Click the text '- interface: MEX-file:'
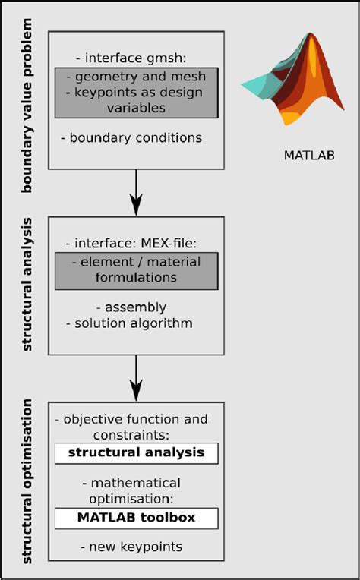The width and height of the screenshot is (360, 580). [135, 243]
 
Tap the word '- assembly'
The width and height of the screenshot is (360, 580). [131, 307]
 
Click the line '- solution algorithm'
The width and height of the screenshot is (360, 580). [134, 323]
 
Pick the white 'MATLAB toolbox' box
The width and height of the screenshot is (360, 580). [136, 518]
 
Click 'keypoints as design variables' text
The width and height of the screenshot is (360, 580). [136, 100]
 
